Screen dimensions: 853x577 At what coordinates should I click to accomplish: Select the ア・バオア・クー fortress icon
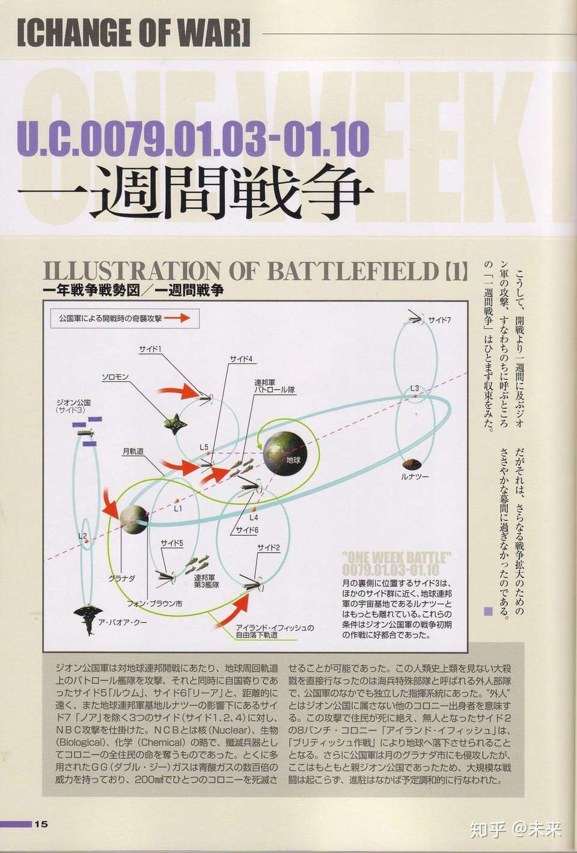[x=89, y=619]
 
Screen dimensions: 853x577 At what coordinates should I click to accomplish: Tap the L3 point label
[x=415, y=388]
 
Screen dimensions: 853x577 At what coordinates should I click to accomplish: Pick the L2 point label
[x=83, y=535]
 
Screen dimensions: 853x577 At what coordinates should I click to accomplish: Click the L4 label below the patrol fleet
[x=254, y=516]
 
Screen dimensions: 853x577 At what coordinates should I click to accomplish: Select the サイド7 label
[x=440, y=320]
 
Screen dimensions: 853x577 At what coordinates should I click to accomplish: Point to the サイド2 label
[x=268, y=547]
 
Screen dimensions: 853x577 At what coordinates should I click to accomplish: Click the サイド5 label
[x=171, y=543]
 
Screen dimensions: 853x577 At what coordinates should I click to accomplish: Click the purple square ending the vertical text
[x=488, y=611]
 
